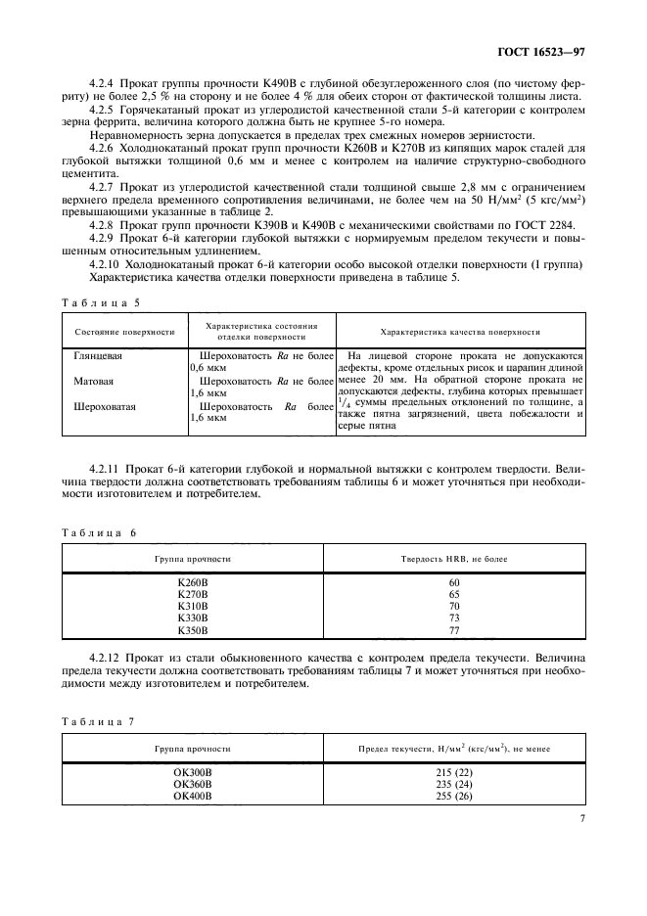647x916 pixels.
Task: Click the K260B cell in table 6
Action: click(x=193, y=583)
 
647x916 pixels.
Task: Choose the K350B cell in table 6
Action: click(x=193, y=631)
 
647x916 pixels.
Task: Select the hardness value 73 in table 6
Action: click(x=454, y=619)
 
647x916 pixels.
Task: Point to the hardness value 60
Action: click(x=454, y=583)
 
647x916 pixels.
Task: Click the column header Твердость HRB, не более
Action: click(x=454, y=558)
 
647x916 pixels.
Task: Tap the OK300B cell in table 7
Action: click(x=193, y=772)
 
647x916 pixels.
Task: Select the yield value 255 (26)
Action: click(x=454, y=796)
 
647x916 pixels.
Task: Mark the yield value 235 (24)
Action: click(x=454, y=784)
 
